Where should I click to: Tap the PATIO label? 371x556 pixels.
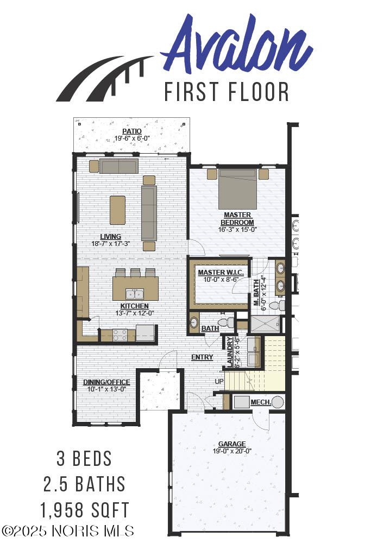coord(132,131)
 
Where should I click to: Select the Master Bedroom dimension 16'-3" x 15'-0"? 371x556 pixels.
coord(237,230)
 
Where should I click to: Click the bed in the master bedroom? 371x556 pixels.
coord(237,189)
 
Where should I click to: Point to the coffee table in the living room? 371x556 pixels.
coord(117,210)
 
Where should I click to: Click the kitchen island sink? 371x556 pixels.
coord(135,294)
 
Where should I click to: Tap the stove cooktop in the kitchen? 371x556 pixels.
coord(120,335)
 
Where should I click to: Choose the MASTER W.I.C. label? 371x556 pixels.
coord(221,273)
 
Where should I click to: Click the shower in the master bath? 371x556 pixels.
coord(265,324)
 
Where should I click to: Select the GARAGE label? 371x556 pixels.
coord(232,444)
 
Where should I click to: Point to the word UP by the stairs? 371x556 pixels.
coord(219,381)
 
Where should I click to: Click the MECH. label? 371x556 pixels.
coord(261,402)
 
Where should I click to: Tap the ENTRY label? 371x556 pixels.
coord(202,357)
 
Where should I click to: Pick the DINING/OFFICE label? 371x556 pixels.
coord(106,382)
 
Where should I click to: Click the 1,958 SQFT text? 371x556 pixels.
coord(84,510)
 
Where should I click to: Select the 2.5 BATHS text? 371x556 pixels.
coord(84,484)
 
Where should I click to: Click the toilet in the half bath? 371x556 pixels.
coord(225,323)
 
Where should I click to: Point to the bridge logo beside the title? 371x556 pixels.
coord(105,79)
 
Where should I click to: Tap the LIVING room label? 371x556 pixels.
coord(110,237)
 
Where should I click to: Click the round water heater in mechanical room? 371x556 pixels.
coord(278,402)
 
